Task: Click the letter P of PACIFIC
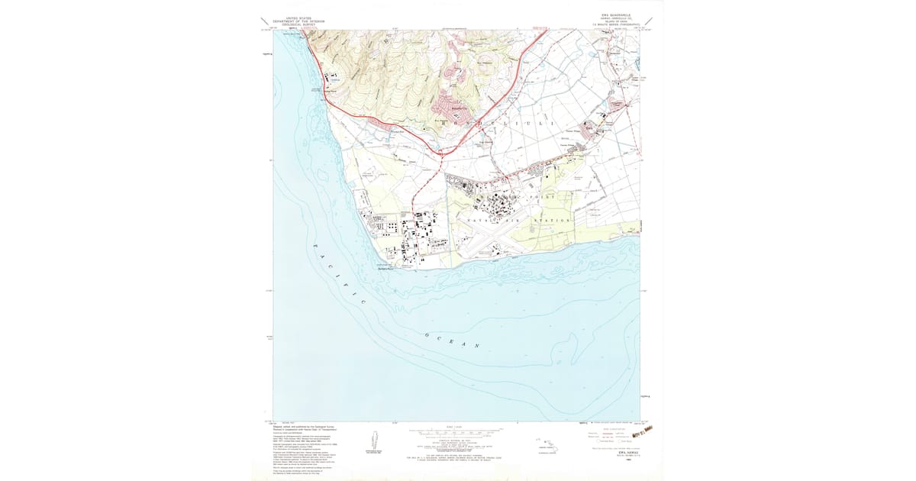point(315,245)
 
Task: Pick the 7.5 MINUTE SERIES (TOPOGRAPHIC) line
point(615,24)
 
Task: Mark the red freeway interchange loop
point(442,153)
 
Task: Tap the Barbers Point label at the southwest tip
point(389,266)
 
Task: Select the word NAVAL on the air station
point(474,221)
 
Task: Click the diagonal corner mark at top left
point(263,21)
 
